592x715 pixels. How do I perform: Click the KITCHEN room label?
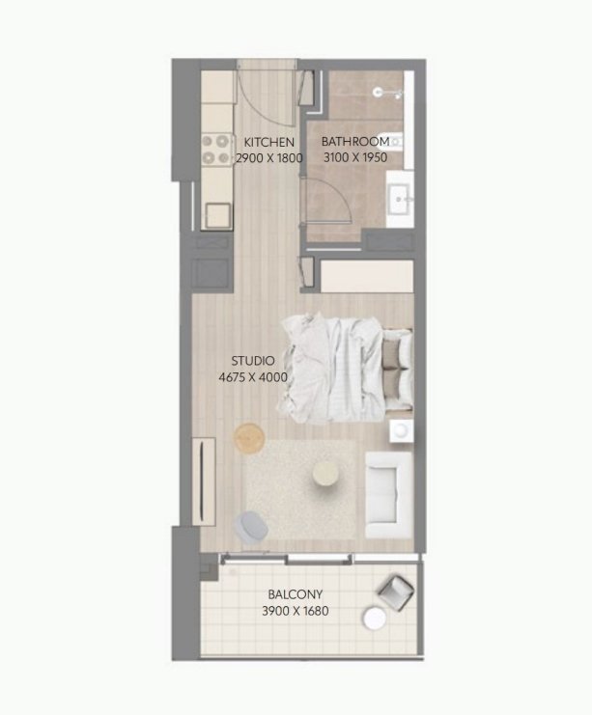[x=268, y=142]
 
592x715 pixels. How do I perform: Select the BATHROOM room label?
[x=355, y=142]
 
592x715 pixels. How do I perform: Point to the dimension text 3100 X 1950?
[x=355, y=157]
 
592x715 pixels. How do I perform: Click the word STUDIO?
[x=253, y=361]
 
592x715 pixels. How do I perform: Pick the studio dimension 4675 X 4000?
[x=253, y=377]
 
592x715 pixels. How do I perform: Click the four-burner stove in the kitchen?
[x=214, y=150]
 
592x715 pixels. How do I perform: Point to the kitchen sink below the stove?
[x=217, y=213]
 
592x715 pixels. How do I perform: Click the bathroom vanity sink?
[x=399, y=200]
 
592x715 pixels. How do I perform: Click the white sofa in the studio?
[x=390, y=498]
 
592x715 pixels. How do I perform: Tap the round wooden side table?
[x=249, y=439]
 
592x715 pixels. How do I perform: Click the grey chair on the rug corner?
[x=252, y=525]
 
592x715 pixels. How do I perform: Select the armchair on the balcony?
[x=395, y=591]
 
